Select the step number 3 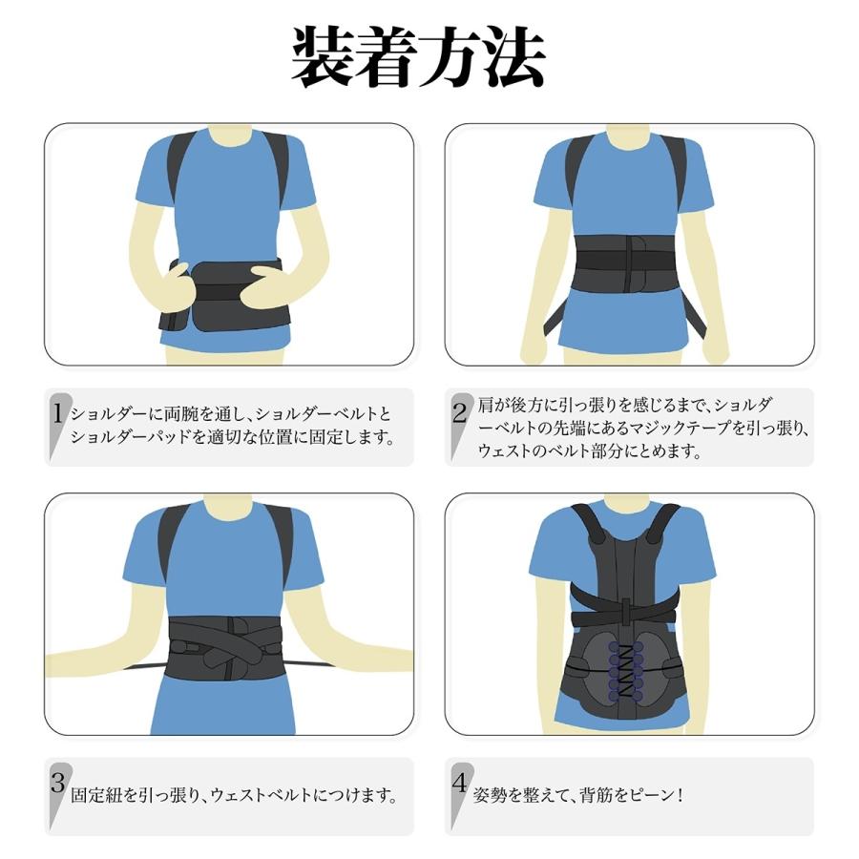pyautogui.click(x=58, y=784)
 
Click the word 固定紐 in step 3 pyautogui.click(x=95, y=795)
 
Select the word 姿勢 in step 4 pyautogui.click(x=492, y=795)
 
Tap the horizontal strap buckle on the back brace pyautogui.click(x=626, y=611)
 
